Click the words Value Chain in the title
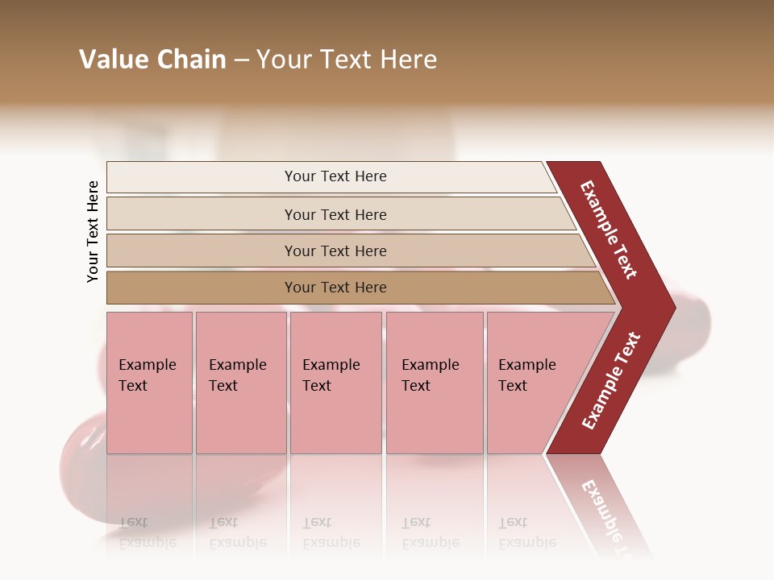[152, 60]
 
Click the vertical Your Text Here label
[93, 231]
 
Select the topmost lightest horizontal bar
[202, 177]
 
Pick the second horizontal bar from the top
[202, 214]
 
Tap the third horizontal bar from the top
[202, 251]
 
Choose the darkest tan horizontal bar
[202, 288]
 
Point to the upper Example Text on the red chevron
[609, 230]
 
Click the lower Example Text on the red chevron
[611, 381]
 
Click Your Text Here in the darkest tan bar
[335, 288]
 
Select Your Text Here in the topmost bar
[335, 176]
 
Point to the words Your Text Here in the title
[347, 60]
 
